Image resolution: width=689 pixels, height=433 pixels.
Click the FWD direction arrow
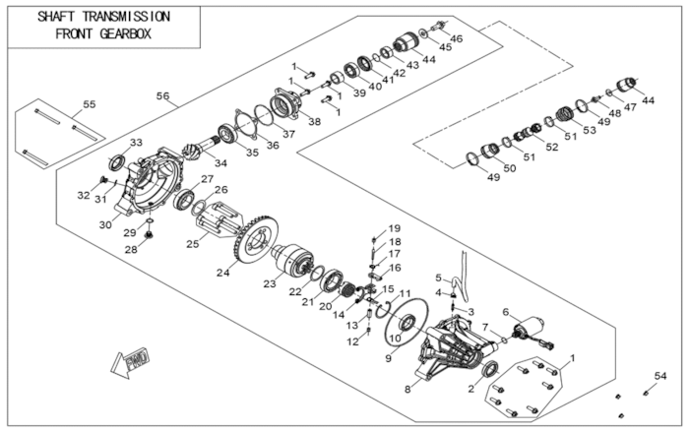(x=131, y=364)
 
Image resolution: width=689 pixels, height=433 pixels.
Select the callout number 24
(x=223, y=273)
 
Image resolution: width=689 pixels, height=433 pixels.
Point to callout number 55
(x=89, y=104)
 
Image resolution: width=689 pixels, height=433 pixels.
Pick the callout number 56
(x=163, y=96)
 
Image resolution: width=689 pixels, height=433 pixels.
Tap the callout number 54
(x=660, y=376)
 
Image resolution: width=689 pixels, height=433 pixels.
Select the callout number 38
(x=314, y=122)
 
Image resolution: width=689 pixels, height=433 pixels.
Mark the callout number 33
(x=136, y=143)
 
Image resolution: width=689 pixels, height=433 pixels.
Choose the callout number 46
(x=457, y=38)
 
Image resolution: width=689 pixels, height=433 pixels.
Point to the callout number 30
(x=104, y=224)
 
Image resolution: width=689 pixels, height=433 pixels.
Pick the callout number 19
(x=395, y=229)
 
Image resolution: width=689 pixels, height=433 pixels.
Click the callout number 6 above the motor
(x=506, y=312)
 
